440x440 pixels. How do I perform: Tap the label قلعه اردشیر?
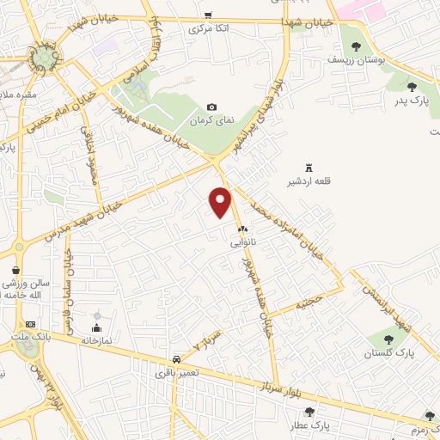pyautogui.click(x=310, y=181)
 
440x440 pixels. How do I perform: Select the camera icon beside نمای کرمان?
pyautogui.click(x=211, y=107)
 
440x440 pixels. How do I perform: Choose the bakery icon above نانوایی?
pyautogui.click(x=241, y=229)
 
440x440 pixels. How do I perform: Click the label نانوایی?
pyautogui.click(x=241, y=243)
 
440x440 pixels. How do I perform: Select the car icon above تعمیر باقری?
pyautogui.click(x=175, y=359)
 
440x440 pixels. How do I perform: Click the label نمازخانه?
pyautogui.click(x=97, y=340)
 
